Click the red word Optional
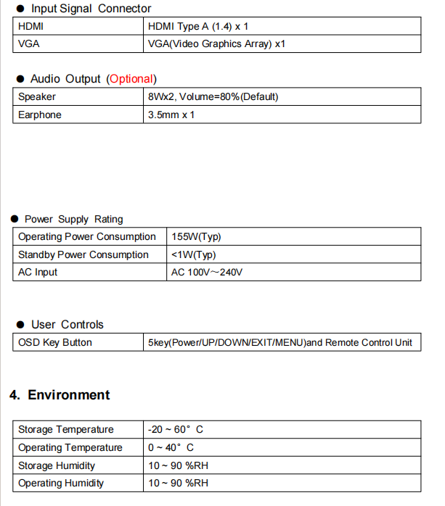[x=131, y=78]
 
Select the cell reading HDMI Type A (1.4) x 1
[x=198, y=26]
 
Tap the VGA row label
[x=28, y=43]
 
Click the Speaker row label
[x=37, y=96]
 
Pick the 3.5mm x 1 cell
[x=171, y=115]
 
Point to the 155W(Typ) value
[x=196, y=236]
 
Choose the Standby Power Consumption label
[x=83, y=254]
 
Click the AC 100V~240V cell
[x=207, y=272]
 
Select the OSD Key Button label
[x=55, y=342]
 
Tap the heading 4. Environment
[x=60, y=395]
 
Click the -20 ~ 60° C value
[x=171, y=430]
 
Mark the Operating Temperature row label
[x=70, y=447]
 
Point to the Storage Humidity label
[x=57, y=465]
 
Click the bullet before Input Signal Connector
[x=20, y=9]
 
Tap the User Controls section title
[x=68, y=325]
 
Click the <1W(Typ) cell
[x=194, y=254]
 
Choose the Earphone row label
[x=40, y=115]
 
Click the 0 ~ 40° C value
[x=171, y=447]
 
